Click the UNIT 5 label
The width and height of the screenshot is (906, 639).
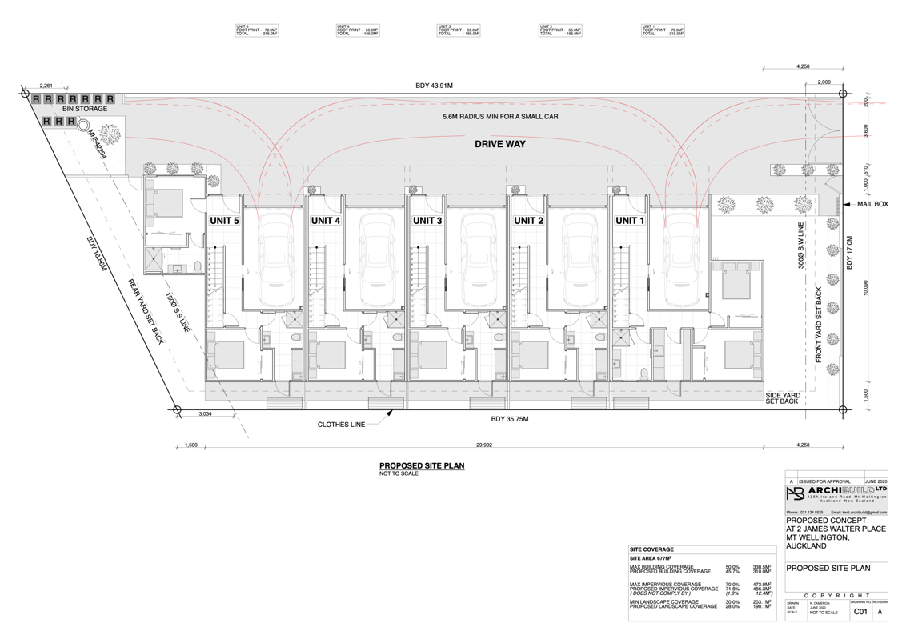point(224,221)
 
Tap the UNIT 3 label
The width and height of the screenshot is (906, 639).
point(427,221)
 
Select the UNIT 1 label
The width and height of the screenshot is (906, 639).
point(630,221)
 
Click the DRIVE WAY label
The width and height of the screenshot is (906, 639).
point(500,145)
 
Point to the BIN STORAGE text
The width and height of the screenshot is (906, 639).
point(74,110)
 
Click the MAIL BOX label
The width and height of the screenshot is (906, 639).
point(872,204)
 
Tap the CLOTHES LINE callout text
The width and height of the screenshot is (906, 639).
point(340,425)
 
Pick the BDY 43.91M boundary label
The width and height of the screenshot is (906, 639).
point(432,86)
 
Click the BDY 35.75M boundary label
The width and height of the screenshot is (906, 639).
point(510,419)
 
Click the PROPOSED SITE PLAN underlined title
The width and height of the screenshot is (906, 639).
point(421,465)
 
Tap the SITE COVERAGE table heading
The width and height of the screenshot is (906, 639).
point(652,549)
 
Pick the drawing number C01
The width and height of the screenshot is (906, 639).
point(860,612)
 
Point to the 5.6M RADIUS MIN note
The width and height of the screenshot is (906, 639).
point(500,117)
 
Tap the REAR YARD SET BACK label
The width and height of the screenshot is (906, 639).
point(146,312)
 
